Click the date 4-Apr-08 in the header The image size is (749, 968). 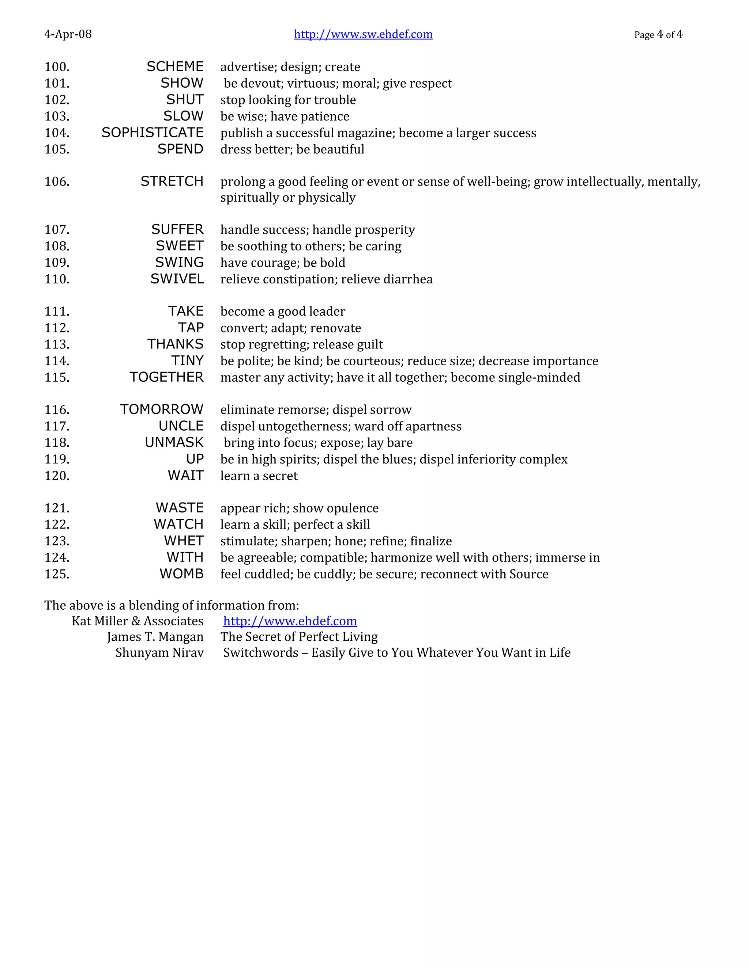[68, 34]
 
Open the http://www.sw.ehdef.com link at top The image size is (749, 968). [363, 34]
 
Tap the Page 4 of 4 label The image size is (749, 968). [658, 35]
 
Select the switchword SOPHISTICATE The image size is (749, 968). [153, 133]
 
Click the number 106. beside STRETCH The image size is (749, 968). [57, 182]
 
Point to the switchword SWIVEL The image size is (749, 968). [177, 279]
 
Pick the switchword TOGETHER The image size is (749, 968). [166, 377]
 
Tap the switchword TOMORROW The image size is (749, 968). [162, 409]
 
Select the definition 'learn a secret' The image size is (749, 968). [259, 476]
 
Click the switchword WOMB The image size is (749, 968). [181, 574]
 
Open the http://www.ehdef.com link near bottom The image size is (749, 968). [290, 621]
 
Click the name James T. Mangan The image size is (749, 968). [155, 637]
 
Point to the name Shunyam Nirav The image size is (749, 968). [159, 653]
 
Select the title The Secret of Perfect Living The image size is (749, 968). [299, 637]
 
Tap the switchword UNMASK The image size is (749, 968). [174, 442]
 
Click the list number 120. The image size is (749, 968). [57, 476]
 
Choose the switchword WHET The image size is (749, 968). [184, 541]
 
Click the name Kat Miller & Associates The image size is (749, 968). [138, 621]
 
